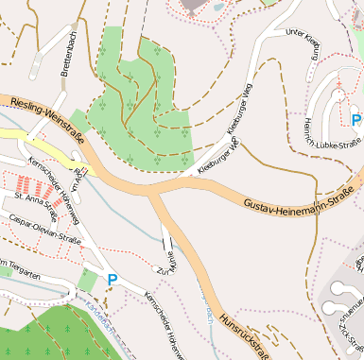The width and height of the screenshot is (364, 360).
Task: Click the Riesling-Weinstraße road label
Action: click(x=43, y=121)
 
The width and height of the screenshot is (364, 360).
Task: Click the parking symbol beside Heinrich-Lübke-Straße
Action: click(x=355, y=120)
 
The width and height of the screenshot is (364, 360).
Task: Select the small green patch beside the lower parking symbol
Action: click(x=88, y=281)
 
